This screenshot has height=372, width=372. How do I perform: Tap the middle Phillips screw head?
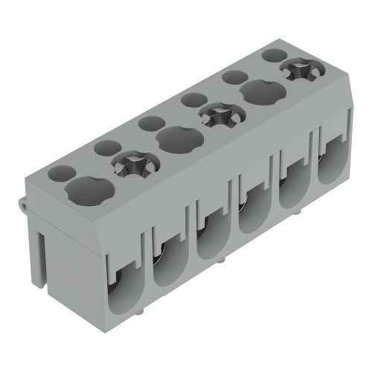(218, 115)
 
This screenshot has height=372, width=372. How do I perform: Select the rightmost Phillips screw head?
(301, 72)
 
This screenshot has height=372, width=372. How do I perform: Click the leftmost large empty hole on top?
(89, 190)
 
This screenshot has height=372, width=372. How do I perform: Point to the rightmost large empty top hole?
(261, 93)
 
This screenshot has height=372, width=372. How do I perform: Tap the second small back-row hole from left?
(106, 148)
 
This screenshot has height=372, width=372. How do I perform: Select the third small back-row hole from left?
(151, 123)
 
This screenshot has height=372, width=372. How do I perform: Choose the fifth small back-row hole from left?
(235, 76)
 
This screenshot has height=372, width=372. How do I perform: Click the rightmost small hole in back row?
(275, 55)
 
